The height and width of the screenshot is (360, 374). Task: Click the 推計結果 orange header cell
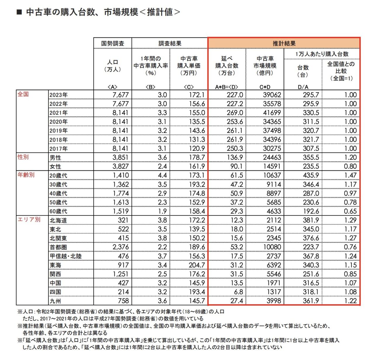[x=284, y=43]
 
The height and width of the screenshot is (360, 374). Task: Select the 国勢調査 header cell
[x=112, y=43]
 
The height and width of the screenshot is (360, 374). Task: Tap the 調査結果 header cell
[x=170, y=43]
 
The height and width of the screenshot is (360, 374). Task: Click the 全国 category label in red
[x=23, y=94]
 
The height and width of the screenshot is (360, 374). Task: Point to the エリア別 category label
[x=29, y=219]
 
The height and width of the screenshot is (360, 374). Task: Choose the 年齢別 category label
[x=26, y=175]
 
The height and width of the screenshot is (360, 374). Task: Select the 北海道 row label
[x=58, y=220]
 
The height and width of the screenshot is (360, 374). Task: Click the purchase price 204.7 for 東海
[x=197, y=265]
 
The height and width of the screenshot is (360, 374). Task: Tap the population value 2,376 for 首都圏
[x=120, y=247]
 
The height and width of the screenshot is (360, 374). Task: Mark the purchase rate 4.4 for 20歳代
[x=162, y=175]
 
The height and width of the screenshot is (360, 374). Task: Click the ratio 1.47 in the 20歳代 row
[x=350, y=175]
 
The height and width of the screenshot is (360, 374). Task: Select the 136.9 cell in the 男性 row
[x=235, y=157]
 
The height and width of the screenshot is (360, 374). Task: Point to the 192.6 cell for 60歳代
[x=311, y=211]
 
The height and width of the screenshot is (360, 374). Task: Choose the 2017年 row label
[x=58, y=148]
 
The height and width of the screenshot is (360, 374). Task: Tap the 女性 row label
[x=56, y=167]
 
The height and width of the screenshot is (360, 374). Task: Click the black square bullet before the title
[x=19, y=12]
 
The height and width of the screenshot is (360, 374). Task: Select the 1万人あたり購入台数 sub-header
[x=322, y=54]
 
